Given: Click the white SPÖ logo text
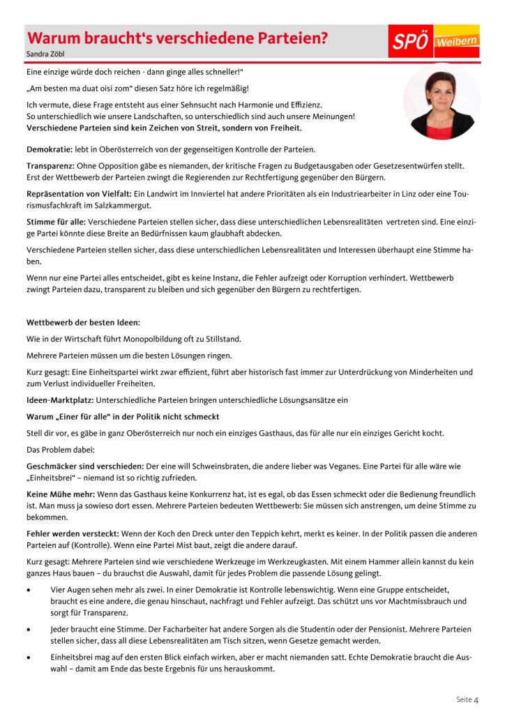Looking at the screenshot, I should (x=410, y=41).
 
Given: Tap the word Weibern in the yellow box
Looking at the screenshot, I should (x=457, y=42).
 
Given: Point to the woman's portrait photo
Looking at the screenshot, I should (x=442, y=102).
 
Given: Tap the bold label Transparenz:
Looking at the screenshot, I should (x=55, y=166).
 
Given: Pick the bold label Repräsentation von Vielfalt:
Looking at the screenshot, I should (x=81, y=193).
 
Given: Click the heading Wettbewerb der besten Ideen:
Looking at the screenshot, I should (x=83, y=322).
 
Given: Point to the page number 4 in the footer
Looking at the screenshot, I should (x=476, y=699).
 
